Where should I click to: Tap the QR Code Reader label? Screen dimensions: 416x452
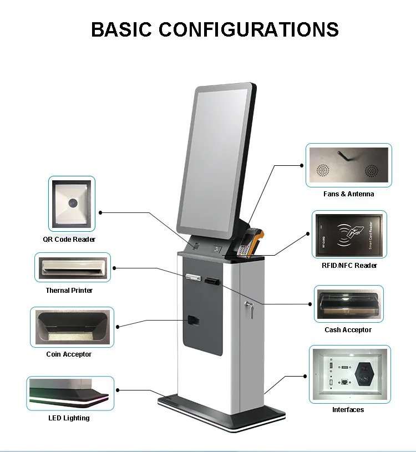(69, 240)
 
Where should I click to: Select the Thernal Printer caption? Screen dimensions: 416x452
(69, 291)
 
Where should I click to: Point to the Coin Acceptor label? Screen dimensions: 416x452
(69, 354)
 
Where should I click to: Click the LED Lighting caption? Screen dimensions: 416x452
(69, 418)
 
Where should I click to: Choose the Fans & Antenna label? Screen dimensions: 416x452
(349, 194)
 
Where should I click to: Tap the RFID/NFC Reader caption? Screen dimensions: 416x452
(349, 266)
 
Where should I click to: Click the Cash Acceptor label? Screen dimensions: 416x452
(348, 330)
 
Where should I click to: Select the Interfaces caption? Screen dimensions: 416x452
(348, 410)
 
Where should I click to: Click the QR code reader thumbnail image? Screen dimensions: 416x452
(72, 204)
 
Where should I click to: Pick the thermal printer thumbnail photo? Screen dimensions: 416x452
(73, 268)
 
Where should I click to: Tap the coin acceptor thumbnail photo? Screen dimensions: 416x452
(72, 327)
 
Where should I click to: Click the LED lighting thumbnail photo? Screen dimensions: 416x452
(70, 393)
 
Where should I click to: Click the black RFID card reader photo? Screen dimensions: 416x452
(349, 233)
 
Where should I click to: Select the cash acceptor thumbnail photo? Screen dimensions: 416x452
(349, 304)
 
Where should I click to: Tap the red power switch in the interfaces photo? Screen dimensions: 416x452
(364, 369)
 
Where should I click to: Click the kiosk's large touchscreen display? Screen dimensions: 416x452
(216, 158)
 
